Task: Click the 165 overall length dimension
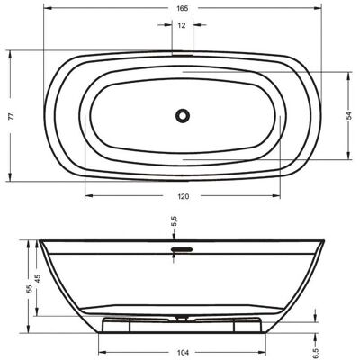pos(182,8)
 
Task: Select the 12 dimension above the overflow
pos(182,25)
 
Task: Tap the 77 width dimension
pos(11,116)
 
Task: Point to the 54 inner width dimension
pos(348,116)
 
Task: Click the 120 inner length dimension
pos(184,196)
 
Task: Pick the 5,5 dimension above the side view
pos(175,222)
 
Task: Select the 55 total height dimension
pos(30,289)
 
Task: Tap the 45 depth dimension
pos(38,279)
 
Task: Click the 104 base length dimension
pos(183,353)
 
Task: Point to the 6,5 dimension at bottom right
pos(315,353)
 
